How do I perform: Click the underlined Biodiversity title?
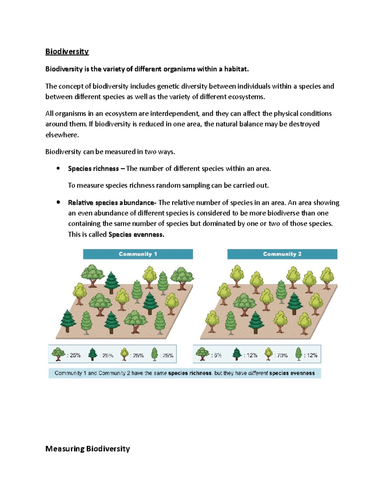pos(67,52)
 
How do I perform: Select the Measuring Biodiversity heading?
pos(87,448)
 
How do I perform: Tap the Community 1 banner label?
pos(138,254)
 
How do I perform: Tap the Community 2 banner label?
pos(282,254)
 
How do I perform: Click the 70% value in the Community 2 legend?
pos(282,355)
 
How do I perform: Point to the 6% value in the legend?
pos(218,355)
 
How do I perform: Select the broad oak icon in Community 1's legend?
pos(58,354)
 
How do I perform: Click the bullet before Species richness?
pos(58,168)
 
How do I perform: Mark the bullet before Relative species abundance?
pos(58,202)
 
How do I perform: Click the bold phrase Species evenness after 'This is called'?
pos(136,234)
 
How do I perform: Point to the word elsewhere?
pos(62,135)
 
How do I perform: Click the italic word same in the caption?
pos(160,373)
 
